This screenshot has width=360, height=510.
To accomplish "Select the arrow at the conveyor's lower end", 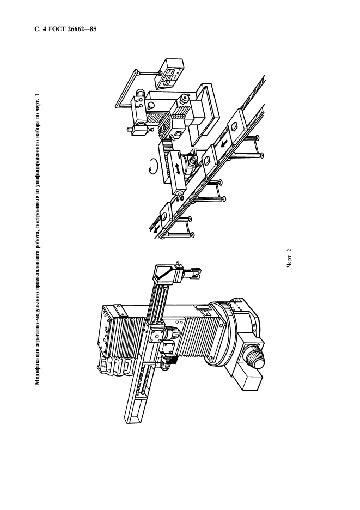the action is click(x=157, y=229).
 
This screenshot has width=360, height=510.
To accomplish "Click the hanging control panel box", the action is click(x=170, y=73).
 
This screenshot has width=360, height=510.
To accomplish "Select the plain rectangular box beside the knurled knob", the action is click(x=248, y=377).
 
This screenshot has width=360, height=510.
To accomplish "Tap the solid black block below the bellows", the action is click(x=173, y=360).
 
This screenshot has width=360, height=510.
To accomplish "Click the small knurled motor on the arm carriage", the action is click(x=170, y=334).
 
